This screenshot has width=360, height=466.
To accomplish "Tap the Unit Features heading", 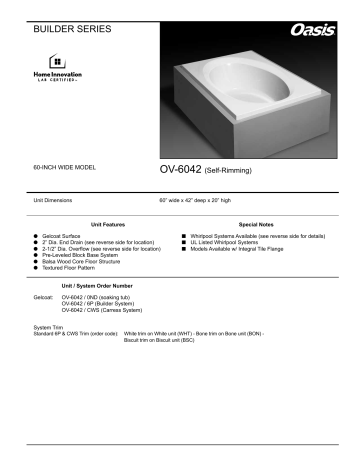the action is coord(110,226).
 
